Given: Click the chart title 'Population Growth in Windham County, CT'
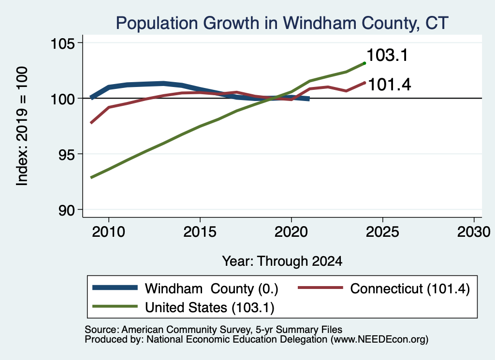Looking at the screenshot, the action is [x=282, y=23].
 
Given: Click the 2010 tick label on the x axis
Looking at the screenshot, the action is [x=109, y=232].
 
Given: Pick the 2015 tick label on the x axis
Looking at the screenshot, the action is [x=200, y=232].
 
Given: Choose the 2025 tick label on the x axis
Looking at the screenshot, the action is [x=382, y=232].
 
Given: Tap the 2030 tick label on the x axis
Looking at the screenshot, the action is [x=474, y=232].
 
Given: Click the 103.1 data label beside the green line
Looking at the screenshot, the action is [x=387, y=55].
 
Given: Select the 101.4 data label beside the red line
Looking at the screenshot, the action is [x=390, y=85].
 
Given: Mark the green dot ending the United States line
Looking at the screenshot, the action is [x=364, y=63].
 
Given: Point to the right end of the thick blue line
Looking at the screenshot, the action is [x=309, y=99].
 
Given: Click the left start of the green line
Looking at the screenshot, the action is [x=91, y=178].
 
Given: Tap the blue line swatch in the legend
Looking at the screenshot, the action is [x=115, y=288].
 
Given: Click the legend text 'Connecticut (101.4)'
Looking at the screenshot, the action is [x=410, y=288].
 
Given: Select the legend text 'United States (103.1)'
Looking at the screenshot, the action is [x=210, y=307].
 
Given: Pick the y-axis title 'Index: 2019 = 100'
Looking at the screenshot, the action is [x=22, y=126].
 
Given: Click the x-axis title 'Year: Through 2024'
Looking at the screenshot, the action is [x=282, y=261].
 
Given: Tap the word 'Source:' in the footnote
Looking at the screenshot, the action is [x=102, y=330].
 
